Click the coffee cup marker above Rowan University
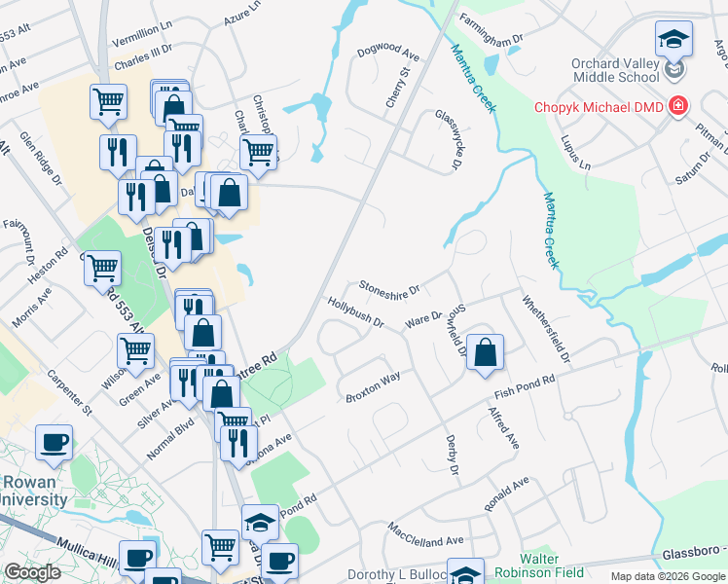[x=55, y=442]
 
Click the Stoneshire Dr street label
[x=389, y=288]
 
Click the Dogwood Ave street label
[x=386, y=51]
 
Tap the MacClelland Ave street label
[x=425, y=534]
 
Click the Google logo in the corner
[x=32, y=572]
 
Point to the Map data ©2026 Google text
[x=668, y=576]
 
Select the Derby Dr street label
[x=451, y=456]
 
